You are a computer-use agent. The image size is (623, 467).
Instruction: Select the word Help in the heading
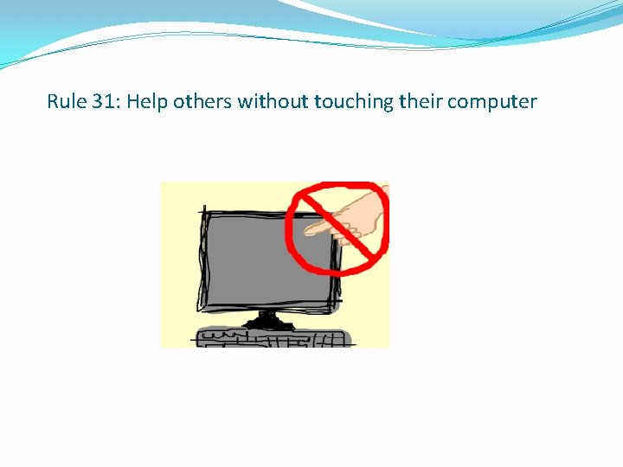pos(147,102)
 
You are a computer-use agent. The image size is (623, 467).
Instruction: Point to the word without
pos(273,102)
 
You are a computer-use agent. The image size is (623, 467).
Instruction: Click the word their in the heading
pos(421,102)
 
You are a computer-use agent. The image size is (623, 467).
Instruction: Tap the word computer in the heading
pos(493,102)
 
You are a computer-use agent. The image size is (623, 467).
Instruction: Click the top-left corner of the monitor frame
pos(202,211)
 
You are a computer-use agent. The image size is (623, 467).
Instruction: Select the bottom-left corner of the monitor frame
pos(201,309)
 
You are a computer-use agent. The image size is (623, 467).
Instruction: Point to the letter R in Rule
pos(53,102)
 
